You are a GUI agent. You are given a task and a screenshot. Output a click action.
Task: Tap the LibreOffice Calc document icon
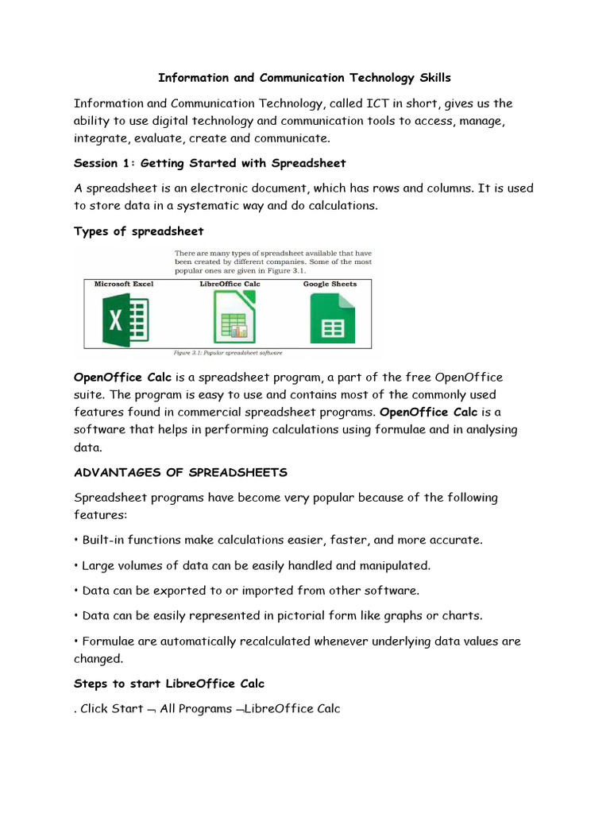tap(229, 317)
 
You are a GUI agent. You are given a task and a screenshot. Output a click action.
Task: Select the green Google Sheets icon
tap(332, 318)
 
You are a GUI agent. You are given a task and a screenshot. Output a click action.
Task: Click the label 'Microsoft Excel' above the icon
tap(124, 284)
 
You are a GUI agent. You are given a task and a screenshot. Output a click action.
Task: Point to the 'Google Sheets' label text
tap(330, 284)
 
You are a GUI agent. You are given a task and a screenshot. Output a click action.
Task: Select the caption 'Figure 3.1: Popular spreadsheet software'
tap(228, 351)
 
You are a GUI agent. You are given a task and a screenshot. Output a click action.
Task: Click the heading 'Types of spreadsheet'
tap(138, 231)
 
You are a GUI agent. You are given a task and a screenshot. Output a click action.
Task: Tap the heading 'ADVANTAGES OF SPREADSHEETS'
tap(180, 472)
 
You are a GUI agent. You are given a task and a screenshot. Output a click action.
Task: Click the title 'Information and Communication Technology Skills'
tap(304, 77)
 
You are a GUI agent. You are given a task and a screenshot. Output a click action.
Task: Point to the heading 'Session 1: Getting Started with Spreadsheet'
tap(210, 163)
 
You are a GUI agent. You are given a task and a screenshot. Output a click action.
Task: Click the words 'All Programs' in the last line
tap(191, 708)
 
